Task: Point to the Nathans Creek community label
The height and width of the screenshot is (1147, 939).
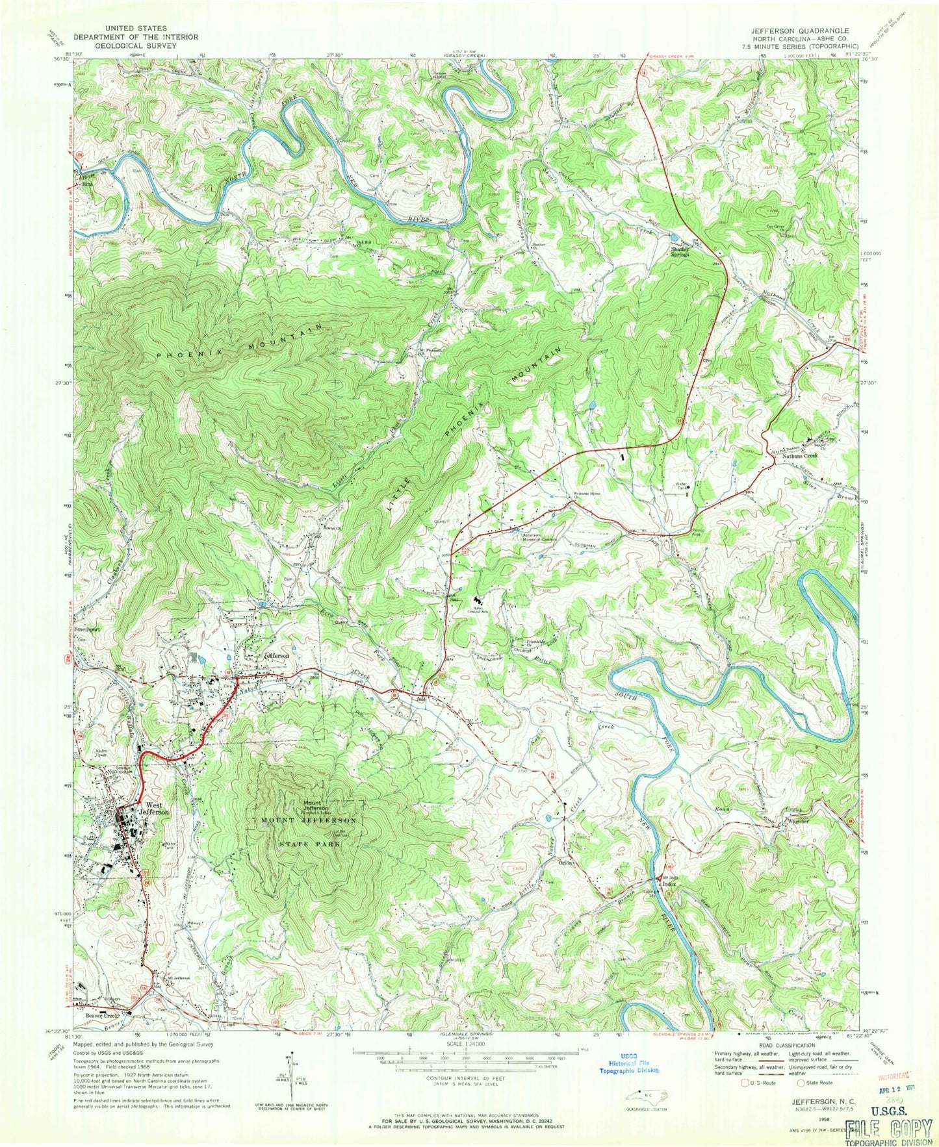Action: coord(799,456)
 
